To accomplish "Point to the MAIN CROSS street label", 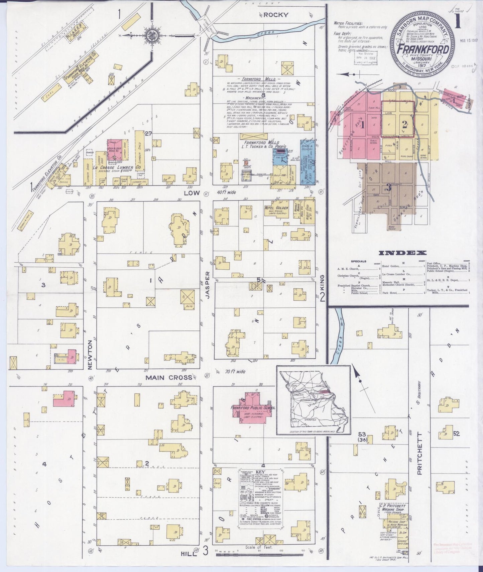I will pyautogui.click(x=169, y=377).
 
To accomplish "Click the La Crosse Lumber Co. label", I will pyautogui.click(x=113, y=168).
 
